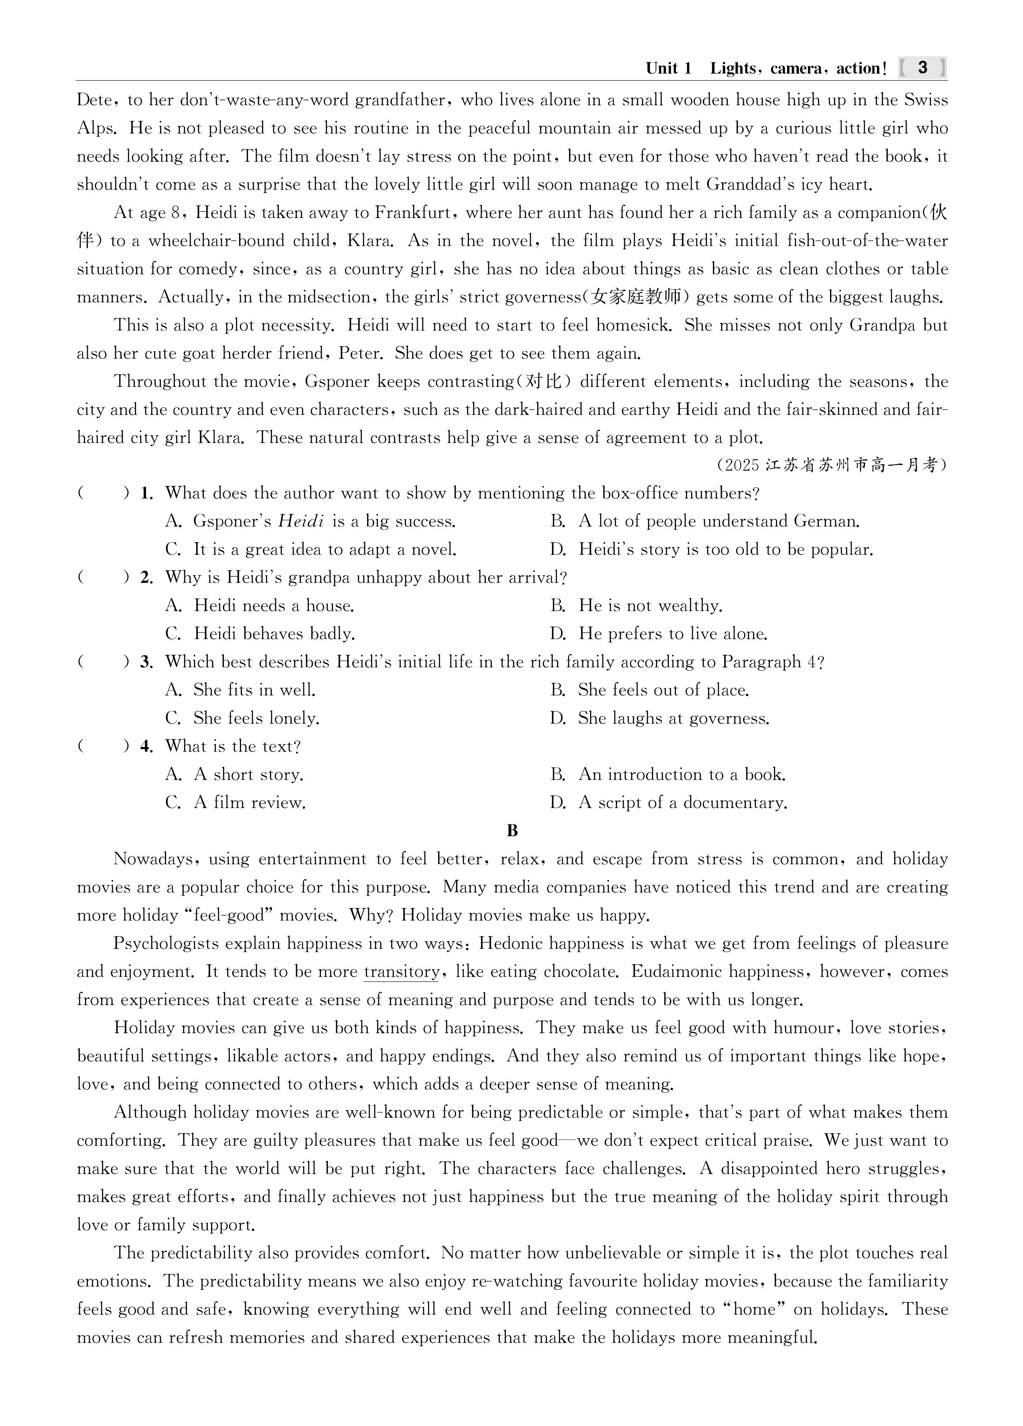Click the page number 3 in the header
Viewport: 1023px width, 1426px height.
(922, 68)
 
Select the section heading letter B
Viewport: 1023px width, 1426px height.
(512, 831)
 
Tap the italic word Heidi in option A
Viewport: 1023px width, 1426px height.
(301, 521)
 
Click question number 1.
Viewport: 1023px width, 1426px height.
(146, 494)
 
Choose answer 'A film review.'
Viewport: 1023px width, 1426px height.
(250, 803)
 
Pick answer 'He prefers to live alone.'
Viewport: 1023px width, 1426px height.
(673, 634)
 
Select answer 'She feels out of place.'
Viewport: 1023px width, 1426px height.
(664, 691)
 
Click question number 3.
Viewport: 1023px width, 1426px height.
(146, 662)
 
